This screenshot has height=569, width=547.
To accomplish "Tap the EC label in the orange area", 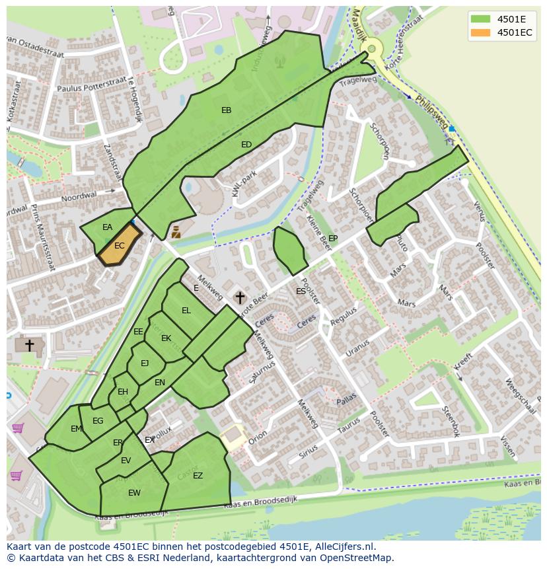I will pyautogui.click(x=120, y=246).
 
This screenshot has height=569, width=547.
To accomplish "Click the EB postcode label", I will pyautogui.click(x=226, y=110).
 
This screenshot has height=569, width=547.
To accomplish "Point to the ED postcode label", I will pyautogui.click(x=246, y=145).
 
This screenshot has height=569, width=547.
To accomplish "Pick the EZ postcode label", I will pyautogui.click(x=198, y=476).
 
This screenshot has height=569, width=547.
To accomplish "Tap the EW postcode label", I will pyautogui.click(x=134, y=493).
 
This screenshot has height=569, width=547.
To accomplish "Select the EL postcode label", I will pyautogui.click(x=186, y=311).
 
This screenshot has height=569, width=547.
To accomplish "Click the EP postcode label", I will pyautogui.click(x=333, y=239).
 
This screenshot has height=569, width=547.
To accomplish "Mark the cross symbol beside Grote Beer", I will pyautogui.click(x=240, y=298).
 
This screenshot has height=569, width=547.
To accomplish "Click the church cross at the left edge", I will pyautogui.click(x=29, y=345).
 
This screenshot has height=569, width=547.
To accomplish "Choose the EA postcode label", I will pyautogui.click(x=107, y=227).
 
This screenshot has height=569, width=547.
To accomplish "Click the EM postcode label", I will pyautogui.click(x=77, y=429).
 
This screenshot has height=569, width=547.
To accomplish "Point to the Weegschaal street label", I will pyautogui.click(x=518, y=395).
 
